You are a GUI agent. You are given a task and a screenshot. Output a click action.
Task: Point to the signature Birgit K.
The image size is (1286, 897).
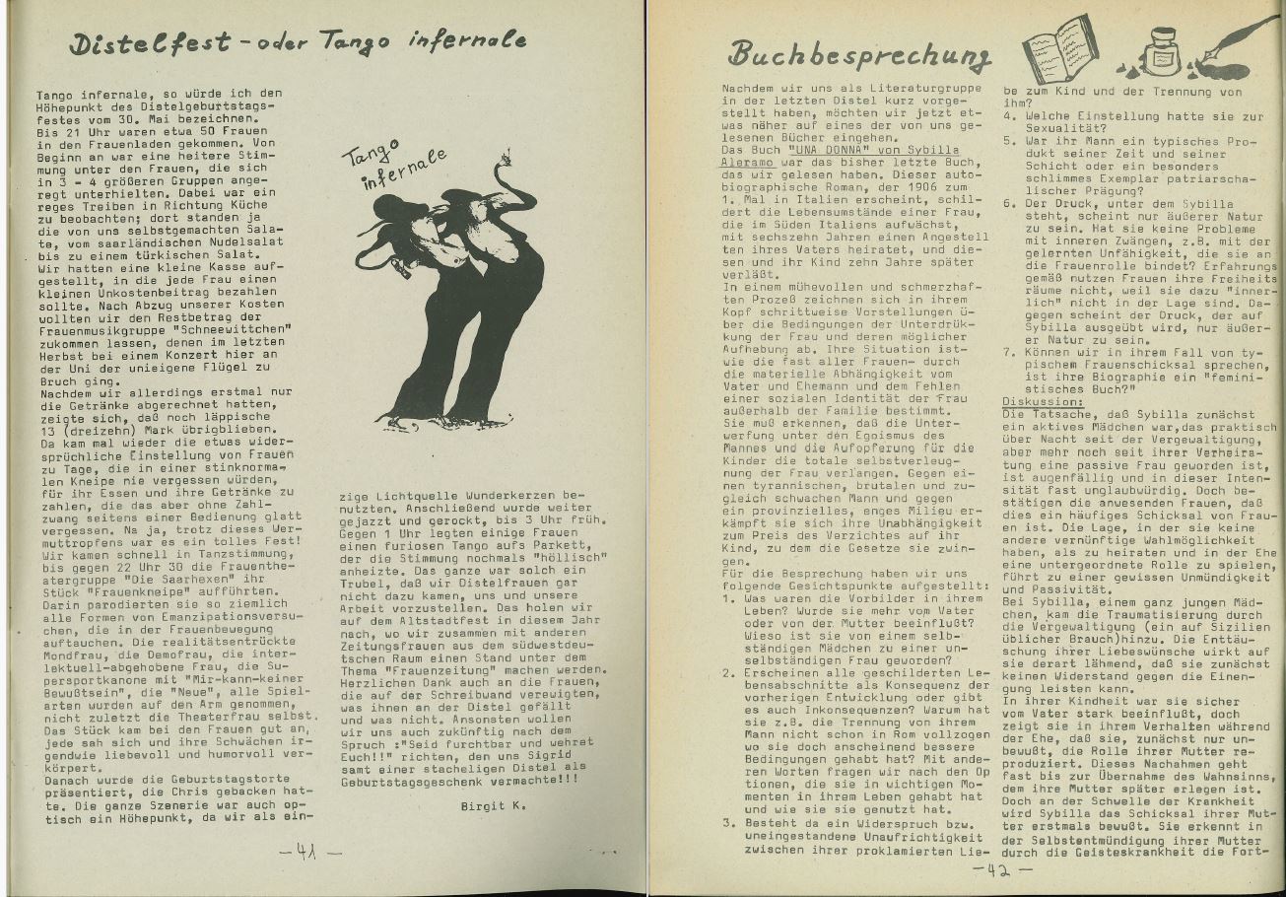tap(493, 805)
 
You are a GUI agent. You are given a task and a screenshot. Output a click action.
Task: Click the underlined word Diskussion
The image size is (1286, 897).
tap(1043, 402)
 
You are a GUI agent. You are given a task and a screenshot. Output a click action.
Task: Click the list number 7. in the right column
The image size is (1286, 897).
tap(1008, 352)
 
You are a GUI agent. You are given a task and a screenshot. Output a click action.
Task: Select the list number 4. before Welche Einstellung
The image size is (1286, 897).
tap(1008, 116)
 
